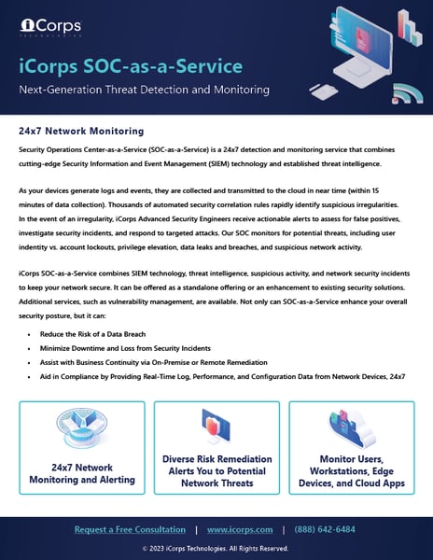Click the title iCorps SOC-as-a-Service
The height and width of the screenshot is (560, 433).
[x=130, y=66]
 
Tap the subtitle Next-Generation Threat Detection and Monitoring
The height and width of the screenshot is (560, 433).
[x=145, y=90]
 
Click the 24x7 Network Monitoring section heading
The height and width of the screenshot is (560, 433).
[x=81, y=131]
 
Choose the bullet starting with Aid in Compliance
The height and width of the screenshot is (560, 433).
[x=215, y=376]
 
